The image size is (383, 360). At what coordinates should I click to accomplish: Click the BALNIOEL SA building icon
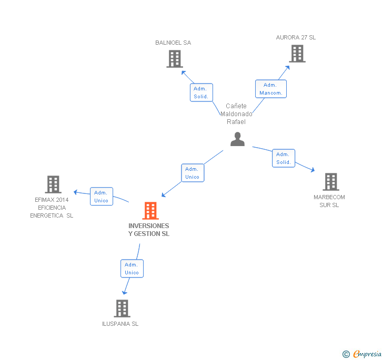174,59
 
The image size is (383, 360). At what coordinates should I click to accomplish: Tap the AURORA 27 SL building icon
297,54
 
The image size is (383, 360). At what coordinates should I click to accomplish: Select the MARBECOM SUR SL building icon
330,182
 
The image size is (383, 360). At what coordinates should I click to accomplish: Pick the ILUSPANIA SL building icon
122,308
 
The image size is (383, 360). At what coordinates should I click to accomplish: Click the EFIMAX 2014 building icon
53,184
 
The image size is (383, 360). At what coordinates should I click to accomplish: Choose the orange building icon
150,211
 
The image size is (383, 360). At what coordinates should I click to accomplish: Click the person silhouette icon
238,139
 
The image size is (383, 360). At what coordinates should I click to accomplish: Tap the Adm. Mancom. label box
270,89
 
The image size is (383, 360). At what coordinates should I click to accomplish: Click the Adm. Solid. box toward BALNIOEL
201,92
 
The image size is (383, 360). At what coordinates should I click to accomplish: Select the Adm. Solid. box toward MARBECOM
283,158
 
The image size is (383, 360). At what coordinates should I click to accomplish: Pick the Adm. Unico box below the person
192,173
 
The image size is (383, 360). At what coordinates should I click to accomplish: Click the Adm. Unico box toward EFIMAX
101,197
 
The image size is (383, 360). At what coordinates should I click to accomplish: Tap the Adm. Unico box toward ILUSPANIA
132,269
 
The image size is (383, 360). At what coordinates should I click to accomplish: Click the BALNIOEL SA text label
173,43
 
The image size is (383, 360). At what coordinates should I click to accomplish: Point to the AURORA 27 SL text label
296,37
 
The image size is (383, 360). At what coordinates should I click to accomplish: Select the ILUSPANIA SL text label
120,324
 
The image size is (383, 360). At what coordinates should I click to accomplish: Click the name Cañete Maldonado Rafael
236,114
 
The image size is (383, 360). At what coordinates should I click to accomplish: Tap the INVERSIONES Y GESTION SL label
149,230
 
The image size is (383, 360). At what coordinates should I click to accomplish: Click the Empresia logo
363,354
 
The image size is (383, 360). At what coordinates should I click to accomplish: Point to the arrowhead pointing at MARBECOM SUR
313,170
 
